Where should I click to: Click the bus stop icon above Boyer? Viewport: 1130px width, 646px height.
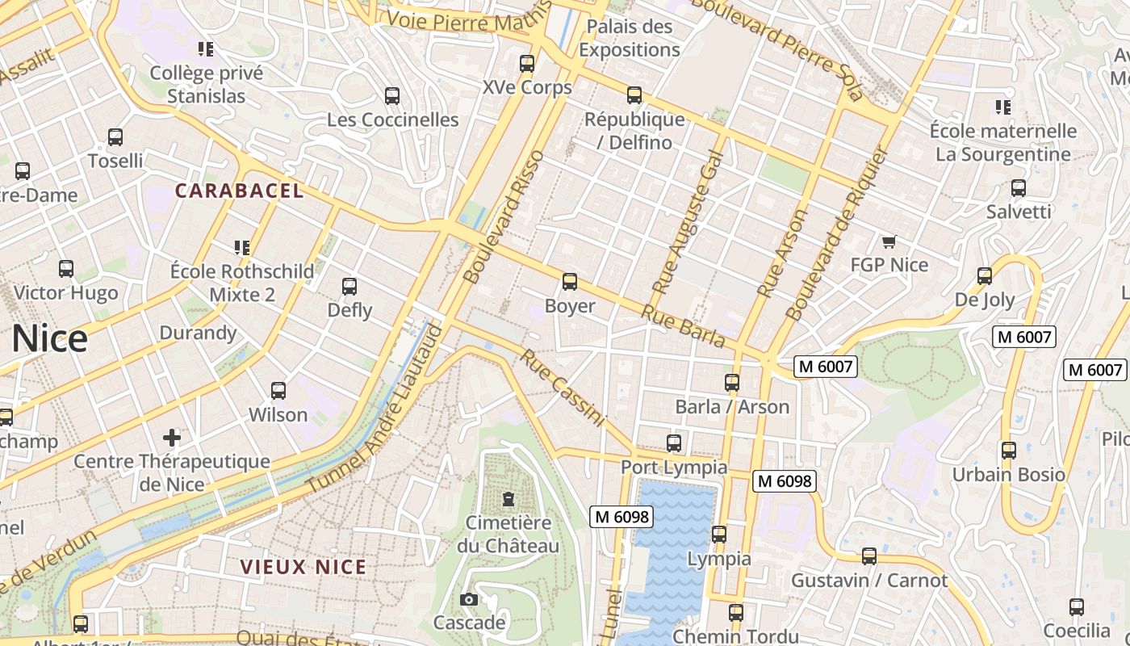click(x=570, y=282)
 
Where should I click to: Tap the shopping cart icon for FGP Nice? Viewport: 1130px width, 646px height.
click(x=889, y=241)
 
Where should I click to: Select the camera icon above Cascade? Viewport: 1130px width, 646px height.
click(x=468, y=599)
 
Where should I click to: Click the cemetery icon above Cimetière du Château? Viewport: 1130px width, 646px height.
click(x=508, y=499)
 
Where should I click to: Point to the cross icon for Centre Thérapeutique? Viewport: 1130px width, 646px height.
click(x=171, y=438)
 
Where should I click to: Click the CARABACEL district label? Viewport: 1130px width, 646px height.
click(x=240, y=191)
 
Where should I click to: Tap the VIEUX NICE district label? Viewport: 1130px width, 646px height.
click(x=303, y=567)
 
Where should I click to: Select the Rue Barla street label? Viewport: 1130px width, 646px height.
click(x=684, y=325)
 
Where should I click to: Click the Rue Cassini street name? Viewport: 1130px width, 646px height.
click(x=563, y=388)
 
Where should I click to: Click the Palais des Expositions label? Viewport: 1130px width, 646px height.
click(x=630, y=38)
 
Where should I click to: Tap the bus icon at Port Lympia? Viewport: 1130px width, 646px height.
click(x=674, y=443)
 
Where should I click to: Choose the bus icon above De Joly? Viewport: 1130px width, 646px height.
click(x=985, y=276)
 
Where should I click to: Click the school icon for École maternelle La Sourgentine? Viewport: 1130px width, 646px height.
click(x=1003, y=107)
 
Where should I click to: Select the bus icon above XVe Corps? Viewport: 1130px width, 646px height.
click(x=527, y=63)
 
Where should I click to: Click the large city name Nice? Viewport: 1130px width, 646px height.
click(x=49, y=338)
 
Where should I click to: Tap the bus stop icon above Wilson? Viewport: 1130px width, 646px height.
click(x=278, y=391)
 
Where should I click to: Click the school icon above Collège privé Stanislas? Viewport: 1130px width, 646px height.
click(x=206, y=49)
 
